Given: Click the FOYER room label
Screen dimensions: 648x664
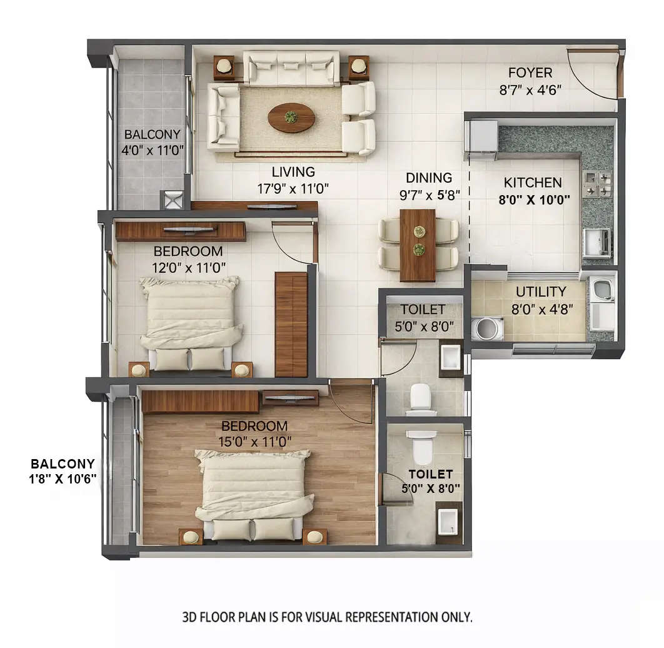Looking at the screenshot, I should click(530, 73).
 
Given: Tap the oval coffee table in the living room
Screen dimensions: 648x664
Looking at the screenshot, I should click(291, 117).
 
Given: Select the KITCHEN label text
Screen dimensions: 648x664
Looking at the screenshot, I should click(533, 183).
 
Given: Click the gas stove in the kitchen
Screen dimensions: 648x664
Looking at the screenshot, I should click(597, 182).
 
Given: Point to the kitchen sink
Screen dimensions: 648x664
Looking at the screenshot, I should click(596, 242).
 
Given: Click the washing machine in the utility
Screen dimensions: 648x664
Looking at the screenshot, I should click(488, 328).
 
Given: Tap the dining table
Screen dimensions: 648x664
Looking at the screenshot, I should click(417, 245).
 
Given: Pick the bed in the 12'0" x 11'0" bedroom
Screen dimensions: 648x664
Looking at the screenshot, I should click(191, 322).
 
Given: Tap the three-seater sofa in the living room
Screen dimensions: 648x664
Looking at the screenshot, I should click(291, 68).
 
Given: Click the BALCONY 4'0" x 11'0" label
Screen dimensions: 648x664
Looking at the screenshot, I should click(151, 142).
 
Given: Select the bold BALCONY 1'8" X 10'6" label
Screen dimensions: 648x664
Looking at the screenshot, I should click(63, 472).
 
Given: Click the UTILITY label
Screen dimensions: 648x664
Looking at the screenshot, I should click(540, 291).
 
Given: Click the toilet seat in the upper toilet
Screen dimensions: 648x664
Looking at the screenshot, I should click(420, 398).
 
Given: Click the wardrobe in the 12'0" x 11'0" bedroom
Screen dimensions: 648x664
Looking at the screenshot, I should click(291, 324).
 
